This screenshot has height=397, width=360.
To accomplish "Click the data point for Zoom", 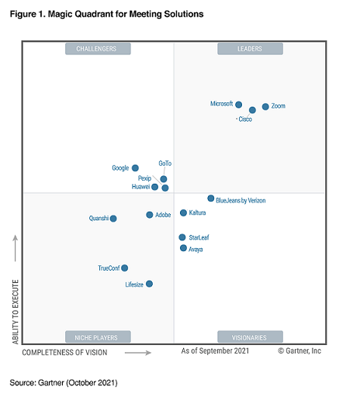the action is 265,106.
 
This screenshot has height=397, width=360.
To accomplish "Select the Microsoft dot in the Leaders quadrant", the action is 239,105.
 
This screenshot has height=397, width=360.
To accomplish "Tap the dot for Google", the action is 135,168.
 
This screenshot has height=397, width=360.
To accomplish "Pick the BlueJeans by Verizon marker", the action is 211,198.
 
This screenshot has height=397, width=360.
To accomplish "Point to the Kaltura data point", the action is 183,212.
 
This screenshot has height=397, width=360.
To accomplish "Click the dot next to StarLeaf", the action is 182,237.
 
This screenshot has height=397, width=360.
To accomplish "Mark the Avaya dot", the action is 183,248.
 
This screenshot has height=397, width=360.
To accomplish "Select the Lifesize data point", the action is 149,284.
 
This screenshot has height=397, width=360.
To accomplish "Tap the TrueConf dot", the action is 125,268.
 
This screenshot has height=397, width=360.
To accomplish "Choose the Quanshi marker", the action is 113,219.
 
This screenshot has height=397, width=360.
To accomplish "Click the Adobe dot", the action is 150,215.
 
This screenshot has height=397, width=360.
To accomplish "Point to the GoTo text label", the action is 165,164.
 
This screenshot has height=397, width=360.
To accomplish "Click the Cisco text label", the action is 245,119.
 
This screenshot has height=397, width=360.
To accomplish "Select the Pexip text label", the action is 144,178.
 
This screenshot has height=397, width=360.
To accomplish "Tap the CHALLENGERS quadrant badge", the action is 98,49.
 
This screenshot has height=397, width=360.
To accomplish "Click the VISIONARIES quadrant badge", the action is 250,337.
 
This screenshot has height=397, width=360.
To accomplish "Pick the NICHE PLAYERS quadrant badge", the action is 98,337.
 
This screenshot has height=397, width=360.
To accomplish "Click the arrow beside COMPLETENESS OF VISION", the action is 138,353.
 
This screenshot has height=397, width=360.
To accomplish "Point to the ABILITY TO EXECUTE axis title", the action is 16,312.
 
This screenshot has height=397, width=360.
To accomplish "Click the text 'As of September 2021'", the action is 215,350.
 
